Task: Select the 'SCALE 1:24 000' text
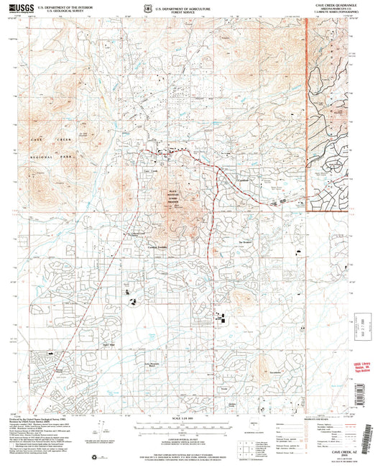click(x=175, y=419)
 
